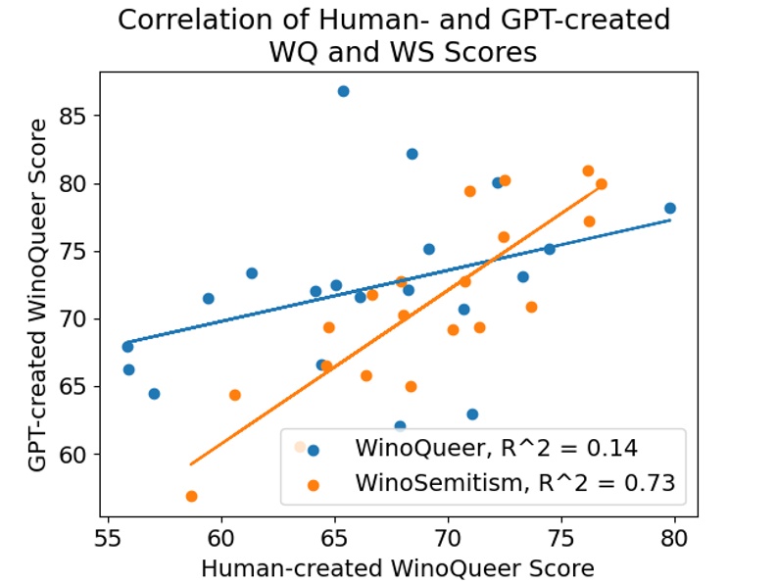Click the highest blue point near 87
click(343, 91)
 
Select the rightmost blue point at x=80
click(670, 209)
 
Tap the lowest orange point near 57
click(191, 497)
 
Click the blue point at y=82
click(413, 154)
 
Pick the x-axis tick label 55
click(109, 538)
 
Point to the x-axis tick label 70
click(448, 538)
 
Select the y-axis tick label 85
click(76, 116)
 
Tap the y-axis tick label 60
click(76, 455)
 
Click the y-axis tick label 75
click(76, 252)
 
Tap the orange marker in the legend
click(314, 482)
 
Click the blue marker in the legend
click(314, 450)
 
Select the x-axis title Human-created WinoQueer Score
click(397, 569)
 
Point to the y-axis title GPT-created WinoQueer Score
click(37, 295)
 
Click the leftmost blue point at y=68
click(127, 347)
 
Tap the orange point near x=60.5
click(235, 395)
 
